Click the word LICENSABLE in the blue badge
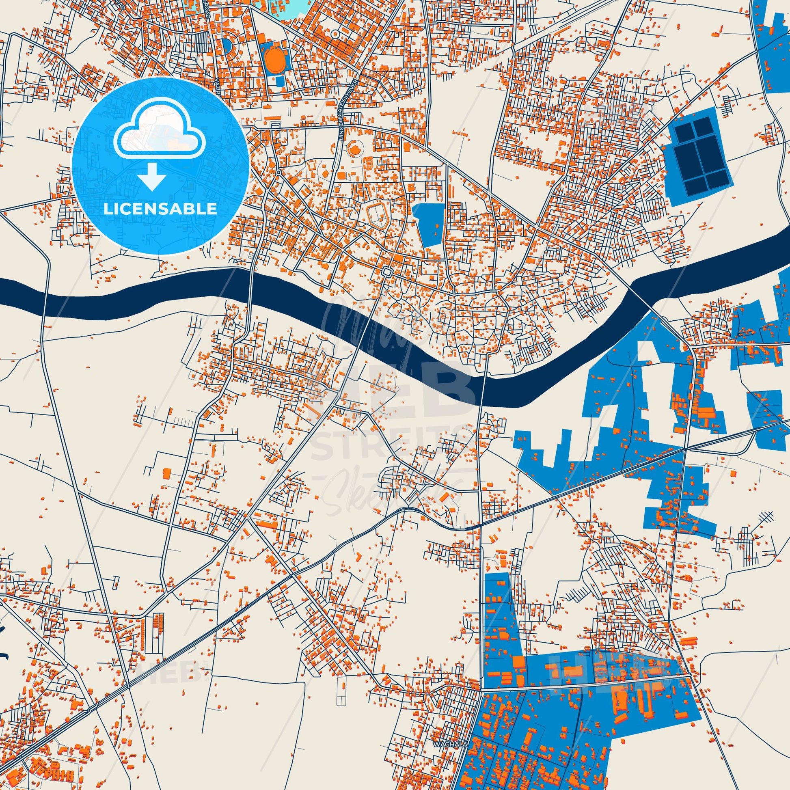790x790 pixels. click(160, 209)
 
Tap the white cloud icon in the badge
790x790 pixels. click(160, 135)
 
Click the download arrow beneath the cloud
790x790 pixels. click(152, 176)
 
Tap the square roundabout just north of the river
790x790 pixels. click(387, 271)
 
